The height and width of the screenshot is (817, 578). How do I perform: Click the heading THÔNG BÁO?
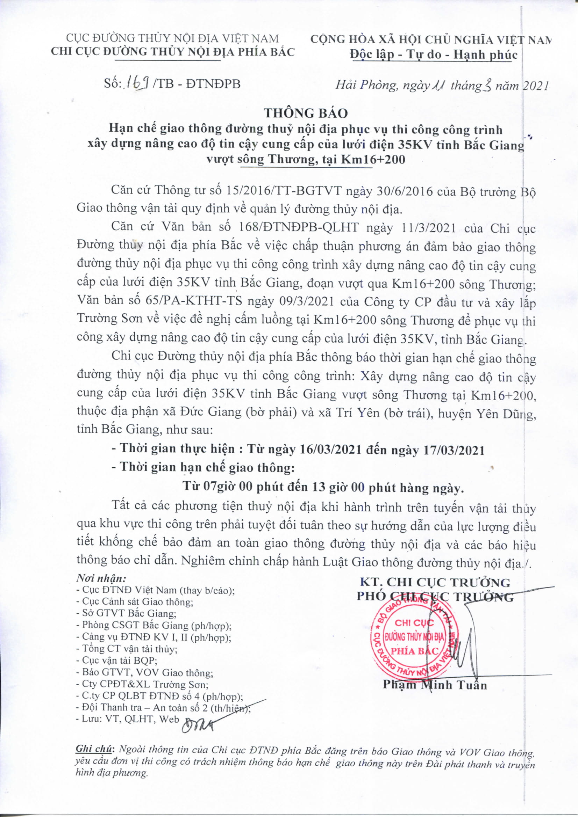pos(306,113)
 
